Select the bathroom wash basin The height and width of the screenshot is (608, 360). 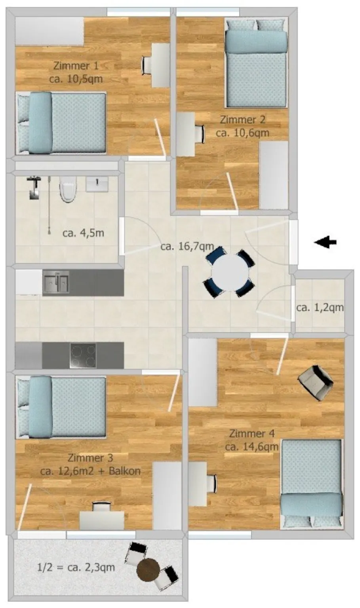pos(97,184)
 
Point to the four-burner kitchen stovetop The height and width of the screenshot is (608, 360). pos(83,355)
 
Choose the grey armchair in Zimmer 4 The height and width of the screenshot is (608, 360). pos(315,382)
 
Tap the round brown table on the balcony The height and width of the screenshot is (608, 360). pos(148,570)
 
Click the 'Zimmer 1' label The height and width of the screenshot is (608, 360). pos(76,66)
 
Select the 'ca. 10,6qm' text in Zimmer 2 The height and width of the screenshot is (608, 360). pos(242,133)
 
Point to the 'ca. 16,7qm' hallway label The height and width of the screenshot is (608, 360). pos(187,247)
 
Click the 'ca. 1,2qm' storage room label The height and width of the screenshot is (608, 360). pos(320,308)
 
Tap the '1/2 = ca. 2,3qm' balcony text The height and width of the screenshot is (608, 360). pos(76,567)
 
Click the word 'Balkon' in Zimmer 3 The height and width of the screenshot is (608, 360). pos(125,470)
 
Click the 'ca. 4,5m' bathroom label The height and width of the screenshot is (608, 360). pos(83,233)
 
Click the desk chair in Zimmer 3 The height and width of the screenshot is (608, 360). pos(101,507)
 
